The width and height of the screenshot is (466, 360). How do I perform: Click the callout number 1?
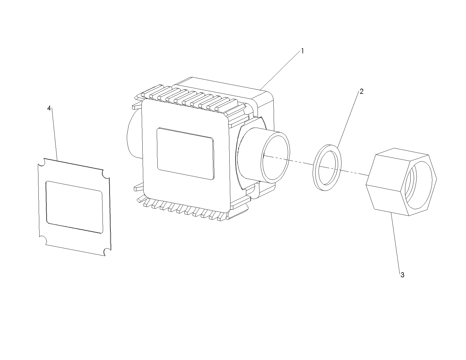coord(302,51)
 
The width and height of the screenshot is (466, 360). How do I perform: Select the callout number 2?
coord(361,91)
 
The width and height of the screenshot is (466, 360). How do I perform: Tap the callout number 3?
coord(402,275)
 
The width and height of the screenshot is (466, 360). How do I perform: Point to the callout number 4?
coord(49,108)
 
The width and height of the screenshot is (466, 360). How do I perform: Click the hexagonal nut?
coord(401,182)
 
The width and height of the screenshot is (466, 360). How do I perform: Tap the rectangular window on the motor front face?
coord(186,154)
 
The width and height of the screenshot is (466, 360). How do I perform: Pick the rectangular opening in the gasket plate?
coord(74,207)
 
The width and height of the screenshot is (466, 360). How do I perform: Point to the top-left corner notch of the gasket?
coord(41,162)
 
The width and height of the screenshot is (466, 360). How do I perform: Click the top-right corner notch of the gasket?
coord(106,174)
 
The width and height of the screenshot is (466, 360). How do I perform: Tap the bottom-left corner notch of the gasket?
coord(43,241)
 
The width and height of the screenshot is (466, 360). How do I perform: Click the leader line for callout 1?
coord(280,71)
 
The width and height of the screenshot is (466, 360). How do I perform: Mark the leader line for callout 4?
coord(55,134)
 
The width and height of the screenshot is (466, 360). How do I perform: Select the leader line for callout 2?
coord(348,119)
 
